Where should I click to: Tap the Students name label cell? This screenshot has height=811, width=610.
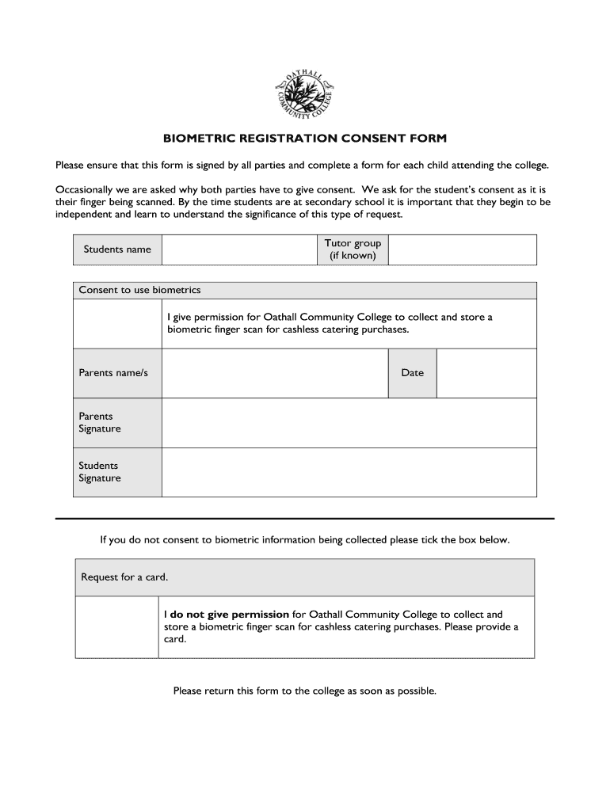pyautogui.click(x=117, y=249)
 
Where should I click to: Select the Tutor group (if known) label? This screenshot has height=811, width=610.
pyautogui.click(x=353, y=249)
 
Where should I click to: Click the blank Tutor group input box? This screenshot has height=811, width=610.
pyautogui.click(x=463, y=249)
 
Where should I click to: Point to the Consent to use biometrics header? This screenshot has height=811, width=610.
pyautogui.click(x=140, y=290)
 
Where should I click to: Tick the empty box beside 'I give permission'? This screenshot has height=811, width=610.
pyautogui.click(x=117, y=323)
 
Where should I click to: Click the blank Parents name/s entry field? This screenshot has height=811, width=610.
pyautogui.click(x=274, y=373)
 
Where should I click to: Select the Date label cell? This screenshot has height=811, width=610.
pyautogui.click(x=412, y=373)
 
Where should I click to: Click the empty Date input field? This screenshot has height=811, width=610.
pyautogui.click(x=486, y=373)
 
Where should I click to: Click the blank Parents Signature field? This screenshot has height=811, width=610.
pyautogui.click(x=349, y=422)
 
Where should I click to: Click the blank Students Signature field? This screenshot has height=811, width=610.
pyautogui.click(x=349, y=472)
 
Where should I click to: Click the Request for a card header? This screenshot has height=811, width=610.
pyautogui.click(x=124, y=577)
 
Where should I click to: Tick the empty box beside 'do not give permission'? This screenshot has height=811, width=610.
pyautogui.click(x=117, y=626)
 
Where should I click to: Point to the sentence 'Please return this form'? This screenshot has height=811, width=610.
pyautogui.click(x=305, y=691)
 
